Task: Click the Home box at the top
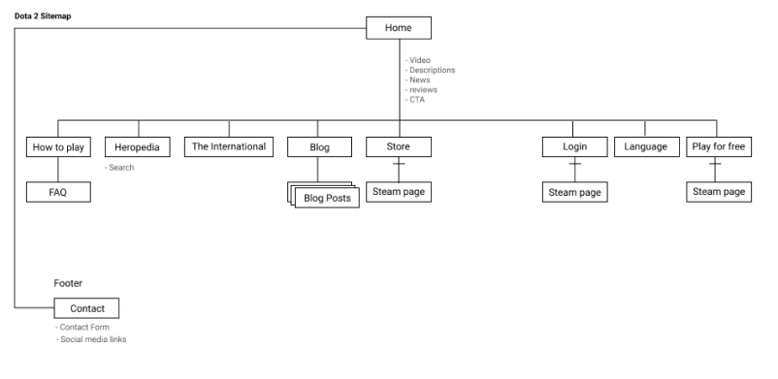(x=398, y=28)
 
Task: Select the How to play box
(x=58, y=147)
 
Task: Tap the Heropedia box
(x=138, y=147)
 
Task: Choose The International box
(x=229, y=147)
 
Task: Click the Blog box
(x=318, y=147)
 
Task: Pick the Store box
(x=398, y=147)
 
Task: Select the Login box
(x=574, y=147)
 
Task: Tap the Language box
(x=646, y=147)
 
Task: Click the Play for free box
(x=718, y=147)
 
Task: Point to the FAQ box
(x=58, y=192)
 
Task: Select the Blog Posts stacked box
(x=328, y=199)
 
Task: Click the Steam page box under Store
(x=398, y=192)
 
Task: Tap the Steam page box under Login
(x=574, y=193)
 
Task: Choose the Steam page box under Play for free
(x=718, y=192)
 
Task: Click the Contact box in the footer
(x=87, y=308)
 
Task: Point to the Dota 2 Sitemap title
(x=43, y=16)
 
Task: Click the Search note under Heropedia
(x=120, y=168)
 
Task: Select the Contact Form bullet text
(x=83, y=328)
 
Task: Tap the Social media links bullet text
(x=91, y=339)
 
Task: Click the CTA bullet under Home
(x=416, y=99)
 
